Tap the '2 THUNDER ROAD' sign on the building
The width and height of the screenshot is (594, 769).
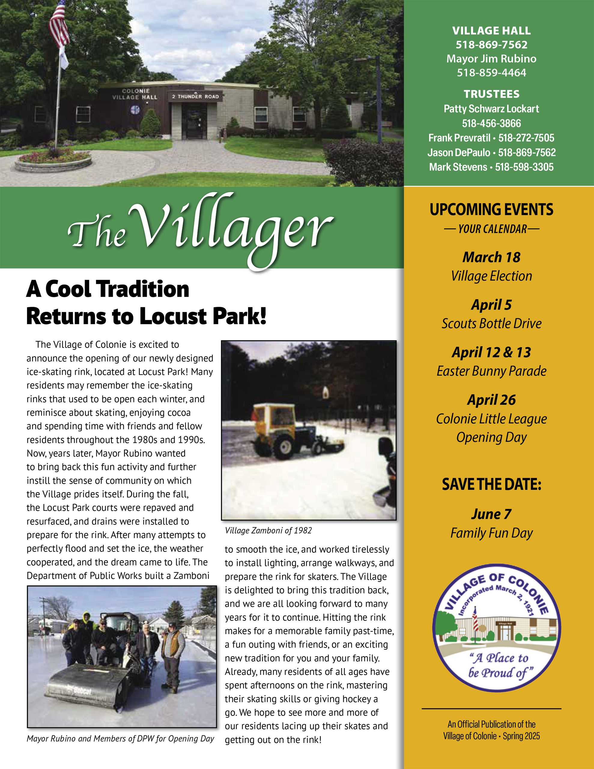click(195, 96)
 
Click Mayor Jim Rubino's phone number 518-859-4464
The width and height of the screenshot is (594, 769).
click(491, 73)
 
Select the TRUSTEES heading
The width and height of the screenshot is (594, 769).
click(491, 94)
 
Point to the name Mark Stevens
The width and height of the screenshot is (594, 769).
click(458, 167)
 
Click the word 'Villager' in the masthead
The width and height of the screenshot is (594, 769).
click(232, 229)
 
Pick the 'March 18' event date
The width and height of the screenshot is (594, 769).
click(491, 257)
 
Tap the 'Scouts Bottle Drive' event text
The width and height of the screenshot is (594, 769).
click(491, 324)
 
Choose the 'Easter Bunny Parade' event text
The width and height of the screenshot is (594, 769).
click(491, 371)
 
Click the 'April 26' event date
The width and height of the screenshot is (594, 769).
click(491, 400)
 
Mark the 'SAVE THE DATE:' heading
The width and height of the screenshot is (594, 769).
click(491, 485)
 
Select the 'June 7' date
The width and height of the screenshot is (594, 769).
click(491, 514)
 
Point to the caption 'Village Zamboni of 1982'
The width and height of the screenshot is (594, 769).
click(268, 530)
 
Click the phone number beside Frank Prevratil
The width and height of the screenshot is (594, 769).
click(526, 138)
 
